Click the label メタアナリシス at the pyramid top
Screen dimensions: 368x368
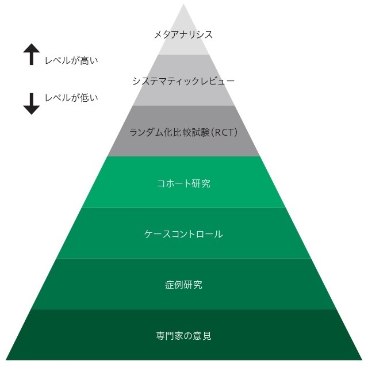pos(183,34)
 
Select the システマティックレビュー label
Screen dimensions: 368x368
pos(183,81)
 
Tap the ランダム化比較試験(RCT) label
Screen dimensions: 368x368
pos(183,132)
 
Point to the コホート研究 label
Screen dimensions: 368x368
pos(183,183)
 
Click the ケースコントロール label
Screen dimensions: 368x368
pos(183,234)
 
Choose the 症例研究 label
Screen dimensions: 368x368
pos(183,285)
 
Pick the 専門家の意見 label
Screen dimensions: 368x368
pos(183,335)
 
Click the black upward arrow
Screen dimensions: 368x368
pos(31,55)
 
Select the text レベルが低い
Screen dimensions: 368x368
pos(71,98)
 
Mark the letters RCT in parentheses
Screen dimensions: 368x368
pos(223,132)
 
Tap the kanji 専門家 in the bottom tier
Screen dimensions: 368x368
pos(170,335)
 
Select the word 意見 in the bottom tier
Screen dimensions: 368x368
pos(202,335)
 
